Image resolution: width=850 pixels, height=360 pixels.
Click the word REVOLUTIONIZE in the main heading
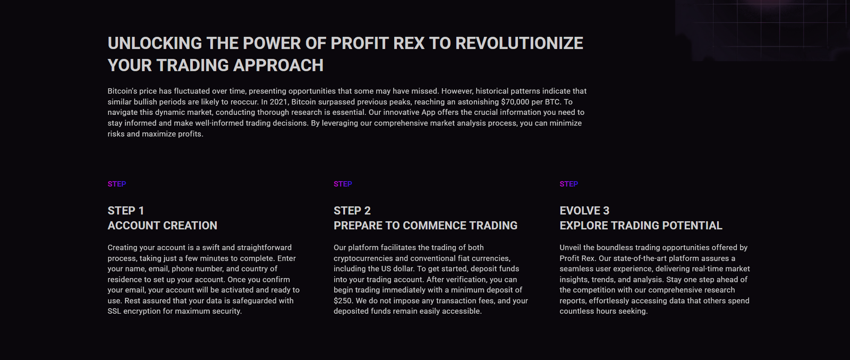tap(519, 43)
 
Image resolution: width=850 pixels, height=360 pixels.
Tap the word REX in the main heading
tap(409, 43)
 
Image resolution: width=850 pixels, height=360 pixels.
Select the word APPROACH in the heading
tap(278, 65)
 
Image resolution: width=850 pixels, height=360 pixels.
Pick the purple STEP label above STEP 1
tap(116, 184)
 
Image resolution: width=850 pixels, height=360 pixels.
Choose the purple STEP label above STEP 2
tap(343, 184)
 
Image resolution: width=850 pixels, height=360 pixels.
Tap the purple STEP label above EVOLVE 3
tap(569, 184)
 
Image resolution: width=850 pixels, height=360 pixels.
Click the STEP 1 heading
tap(125, 211)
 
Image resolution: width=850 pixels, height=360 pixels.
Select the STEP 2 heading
tap(352, 211)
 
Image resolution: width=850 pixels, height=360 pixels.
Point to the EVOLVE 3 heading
tap(584, 211)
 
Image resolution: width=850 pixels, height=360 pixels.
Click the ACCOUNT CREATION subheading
tap(163, 225)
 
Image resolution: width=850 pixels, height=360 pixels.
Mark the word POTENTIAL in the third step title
tap(692, 225)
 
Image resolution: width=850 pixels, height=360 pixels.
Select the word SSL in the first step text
tap(114, 312)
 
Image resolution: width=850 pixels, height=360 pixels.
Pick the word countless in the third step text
tap(575, 312)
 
